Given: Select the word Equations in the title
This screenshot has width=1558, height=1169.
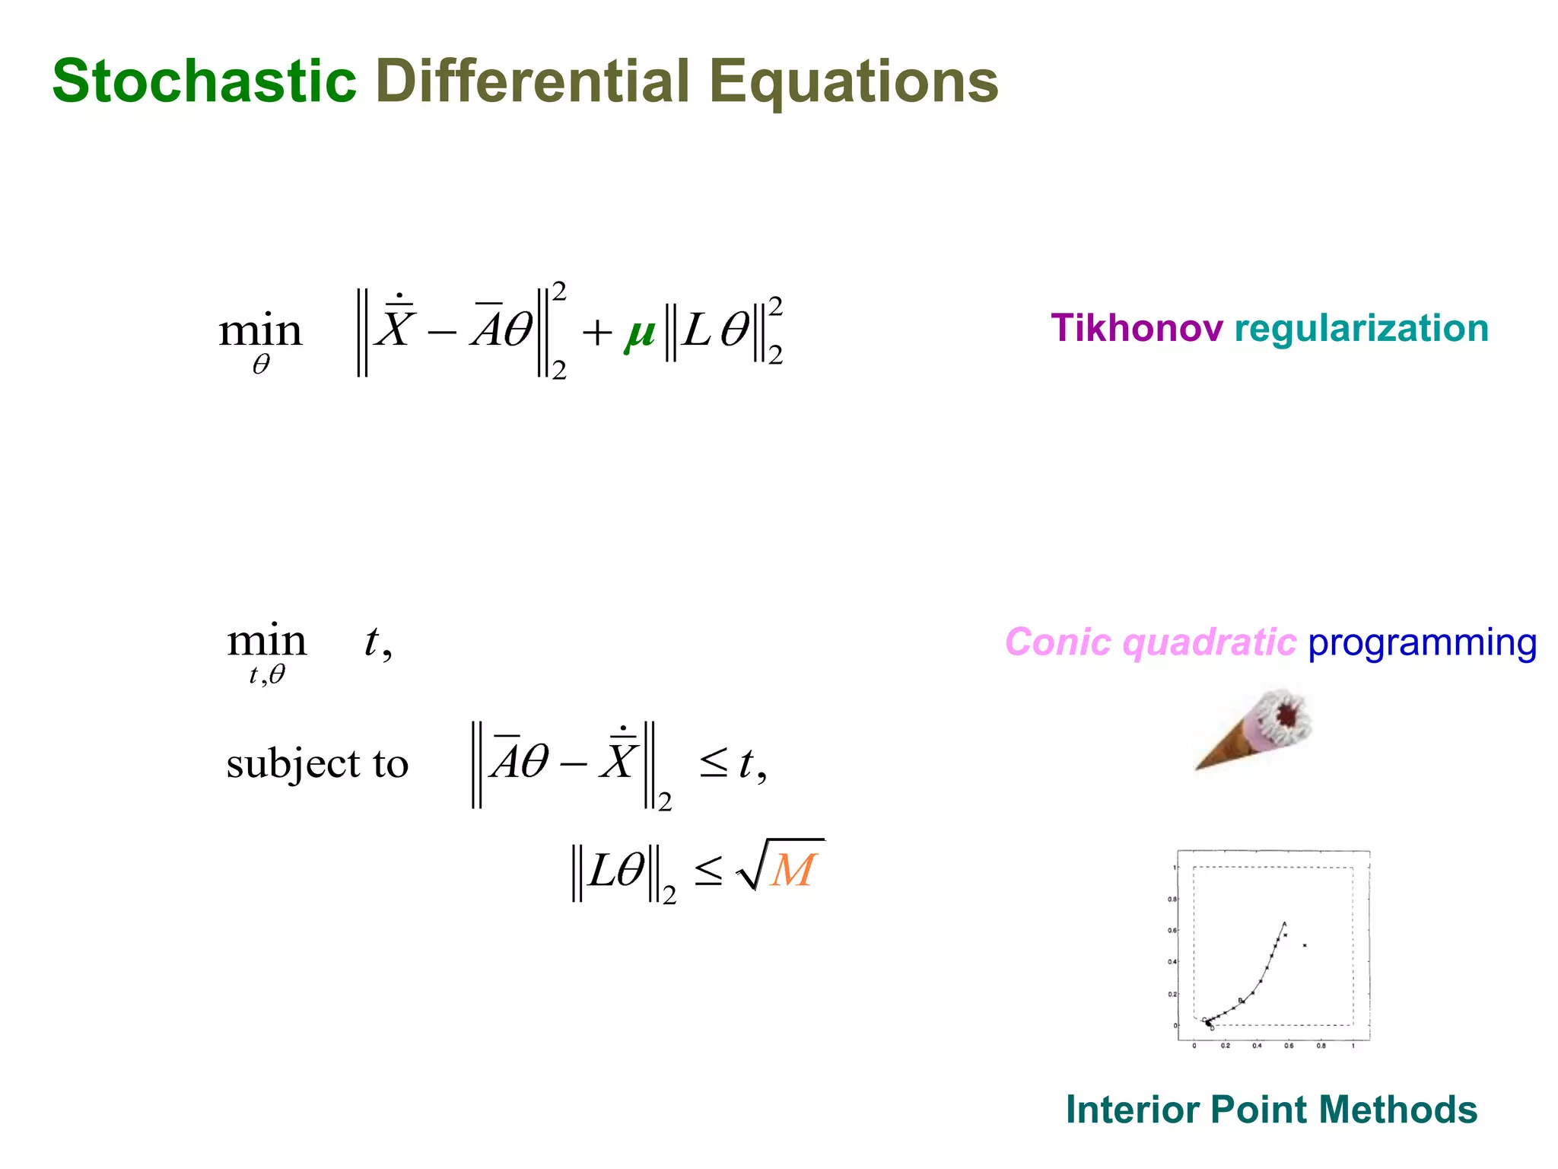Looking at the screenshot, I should (853, 82).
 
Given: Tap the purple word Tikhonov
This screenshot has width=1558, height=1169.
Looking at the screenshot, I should (1137, 328).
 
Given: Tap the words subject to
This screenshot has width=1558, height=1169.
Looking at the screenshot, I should (317, 763).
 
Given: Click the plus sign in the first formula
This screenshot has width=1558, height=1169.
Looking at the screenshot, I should (597, 333).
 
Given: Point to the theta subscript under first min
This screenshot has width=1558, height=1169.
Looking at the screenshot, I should (261, 366).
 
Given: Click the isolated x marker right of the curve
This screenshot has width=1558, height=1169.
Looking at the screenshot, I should (1305, 945).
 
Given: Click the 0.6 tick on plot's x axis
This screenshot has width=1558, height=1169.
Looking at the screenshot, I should (1289, 1046).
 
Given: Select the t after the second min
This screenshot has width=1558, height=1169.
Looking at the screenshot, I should (371, 642).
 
